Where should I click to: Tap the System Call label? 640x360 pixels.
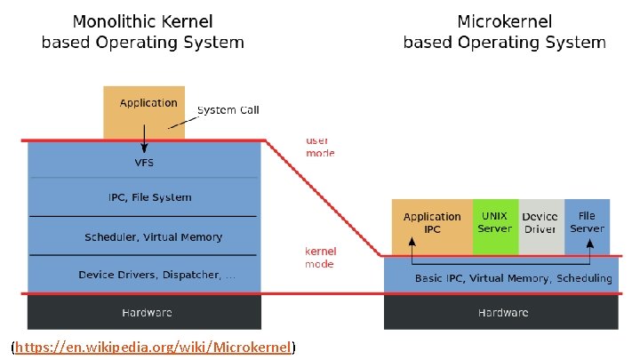tap(228, 110)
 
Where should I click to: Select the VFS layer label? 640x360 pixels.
tap(144, 164)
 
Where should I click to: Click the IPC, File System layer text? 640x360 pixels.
tap(144, 197)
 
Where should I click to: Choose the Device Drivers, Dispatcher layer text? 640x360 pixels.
tap(156, 275)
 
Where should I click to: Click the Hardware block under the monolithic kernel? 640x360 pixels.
tap(146, 312)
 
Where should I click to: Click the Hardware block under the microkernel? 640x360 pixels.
tap(502, 312)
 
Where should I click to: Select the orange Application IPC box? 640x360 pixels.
tap(432, 223)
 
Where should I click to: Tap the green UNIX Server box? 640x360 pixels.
tap(495, 223)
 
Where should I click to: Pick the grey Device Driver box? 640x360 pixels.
tap(540, 223)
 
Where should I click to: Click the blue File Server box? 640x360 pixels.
tap(587, 223)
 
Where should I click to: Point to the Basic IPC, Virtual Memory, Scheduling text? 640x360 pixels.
tap(513, 278)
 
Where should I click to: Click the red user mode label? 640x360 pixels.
tap(320, 147)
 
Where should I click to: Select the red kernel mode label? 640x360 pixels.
tap(320, 258)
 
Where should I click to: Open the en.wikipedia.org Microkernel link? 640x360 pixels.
tap(155, 347)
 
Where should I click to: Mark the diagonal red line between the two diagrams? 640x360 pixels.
tap(324, 198)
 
